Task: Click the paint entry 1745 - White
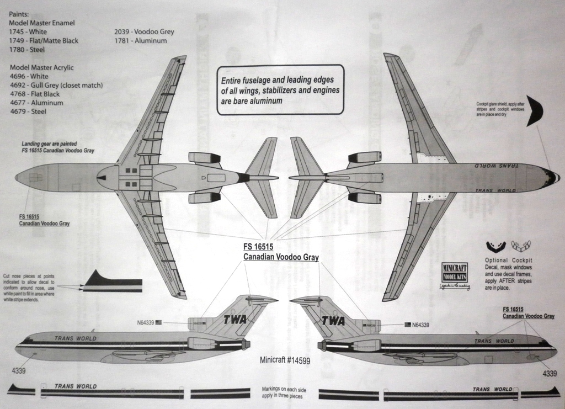[29, 32]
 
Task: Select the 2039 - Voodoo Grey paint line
[144, 32]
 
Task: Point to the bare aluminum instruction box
[280, 89]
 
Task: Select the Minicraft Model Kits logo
[455, 273]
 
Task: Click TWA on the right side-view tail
[333, 321]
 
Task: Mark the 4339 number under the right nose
[550, 374]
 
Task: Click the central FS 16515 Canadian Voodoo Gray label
[281, 252]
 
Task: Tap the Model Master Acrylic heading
[42, 67]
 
